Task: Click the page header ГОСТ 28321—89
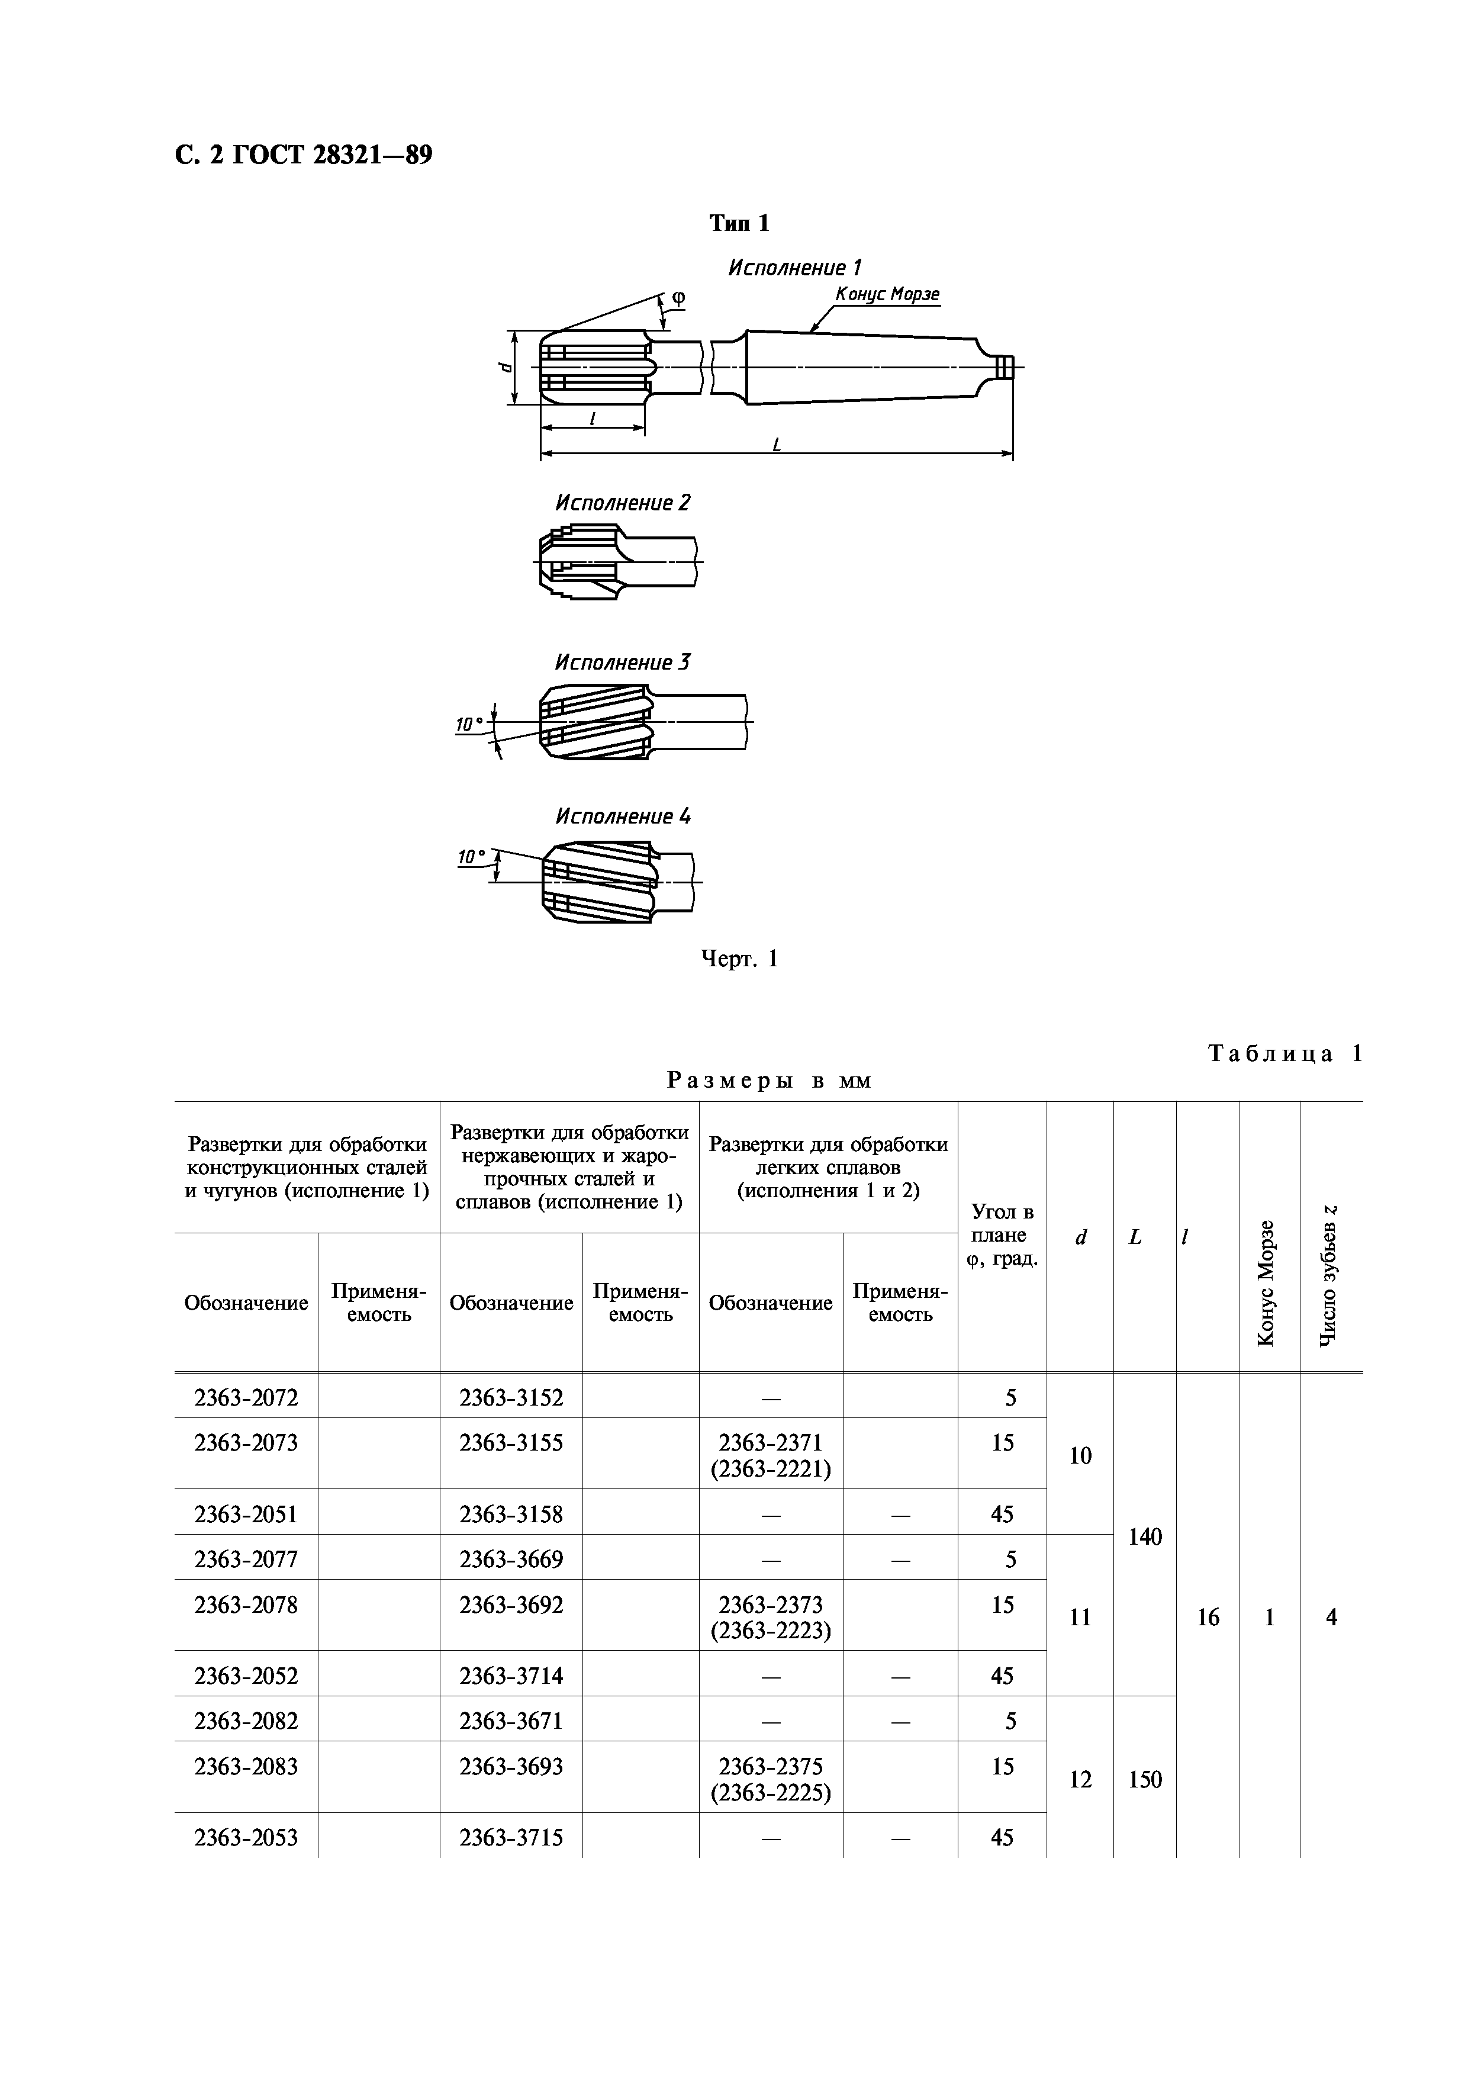[303, 156]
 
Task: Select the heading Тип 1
[739, 223]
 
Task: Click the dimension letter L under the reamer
[776, 445]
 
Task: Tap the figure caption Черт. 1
[740, 959]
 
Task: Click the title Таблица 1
[1284, 1054]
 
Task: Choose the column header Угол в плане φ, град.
[1002, 1235]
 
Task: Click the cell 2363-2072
[246, 1398]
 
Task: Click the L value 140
[1145, 1536]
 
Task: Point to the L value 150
[1145, 1779]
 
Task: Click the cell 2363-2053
[246, 1837]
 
